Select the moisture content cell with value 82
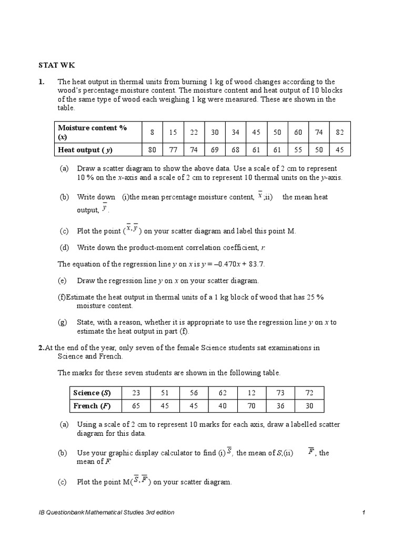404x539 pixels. point(339,132)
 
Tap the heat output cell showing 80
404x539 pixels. point(152,149)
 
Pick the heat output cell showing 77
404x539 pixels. point(173,149)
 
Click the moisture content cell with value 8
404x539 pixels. point(152,132)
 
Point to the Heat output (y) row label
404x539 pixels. point(85,149)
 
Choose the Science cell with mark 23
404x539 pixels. point(136,393)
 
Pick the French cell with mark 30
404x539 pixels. point(309,406)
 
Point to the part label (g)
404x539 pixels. point(64,322)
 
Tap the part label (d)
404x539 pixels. point(64,247)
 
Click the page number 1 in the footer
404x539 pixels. point(363,512)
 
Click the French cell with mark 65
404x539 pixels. point(136,406)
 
